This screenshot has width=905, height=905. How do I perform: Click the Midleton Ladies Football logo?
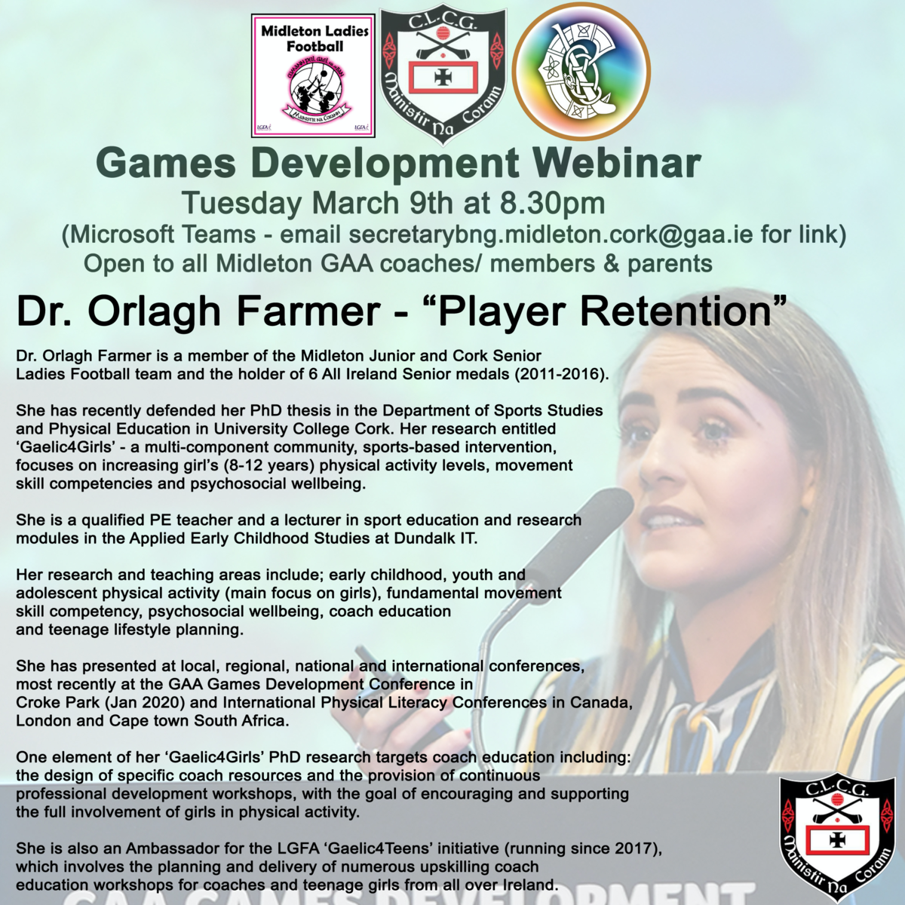313,76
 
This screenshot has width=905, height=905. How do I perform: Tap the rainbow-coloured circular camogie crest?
581,71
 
